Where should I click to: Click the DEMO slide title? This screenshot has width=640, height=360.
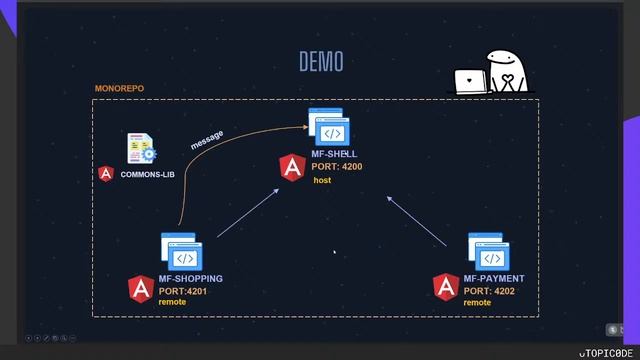click(x=321, y=62)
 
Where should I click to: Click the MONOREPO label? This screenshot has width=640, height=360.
click(x=119, y=89)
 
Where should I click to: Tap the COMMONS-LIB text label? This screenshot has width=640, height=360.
click(x=148, y=174)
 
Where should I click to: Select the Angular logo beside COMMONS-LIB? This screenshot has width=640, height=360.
click(x=106, y=173)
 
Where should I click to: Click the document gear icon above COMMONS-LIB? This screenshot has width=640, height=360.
click(x=141, y=149)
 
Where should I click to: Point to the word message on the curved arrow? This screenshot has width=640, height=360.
click(x=207, y=140)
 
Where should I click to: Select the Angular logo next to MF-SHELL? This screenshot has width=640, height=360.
click(x=292, y=168)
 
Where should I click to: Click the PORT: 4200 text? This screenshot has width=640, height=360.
click(x=336, y=167)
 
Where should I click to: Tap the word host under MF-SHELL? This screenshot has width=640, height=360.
click(x=322, y=181)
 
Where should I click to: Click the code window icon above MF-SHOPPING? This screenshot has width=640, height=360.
click(x=182, y=252)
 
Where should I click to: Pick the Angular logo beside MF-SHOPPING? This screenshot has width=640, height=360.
click(x=141, y=289)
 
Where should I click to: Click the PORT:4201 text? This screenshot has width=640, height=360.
click(x=183, y=290)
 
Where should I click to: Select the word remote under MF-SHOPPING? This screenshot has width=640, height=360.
click(x=172, y=302)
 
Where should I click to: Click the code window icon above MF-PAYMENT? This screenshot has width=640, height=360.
click(x=488, y=252)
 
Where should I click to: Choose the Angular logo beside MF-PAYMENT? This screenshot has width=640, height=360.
click(x=446, y=288)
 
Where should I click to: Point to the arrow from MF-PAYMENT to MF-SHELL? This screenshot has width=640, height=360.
click(x=417, y=221)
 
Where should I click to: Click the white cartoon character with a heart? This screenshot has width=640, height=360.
click(x=505, y=72)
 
